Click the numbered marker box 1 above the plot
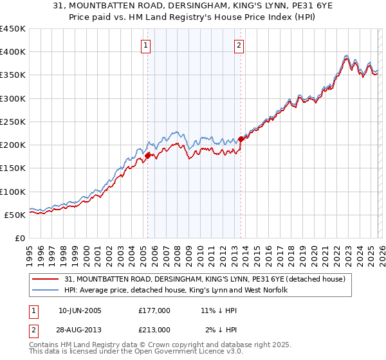click(147, 46)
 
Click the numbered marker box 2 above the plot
click(239, 46)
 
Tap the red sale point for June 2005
click(148, 155)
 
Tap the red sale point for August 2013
click(241, 138)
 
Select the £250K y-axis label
click(13, 122)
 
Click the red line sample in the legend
click(46, 279)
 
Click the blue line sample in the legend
click(46, 291)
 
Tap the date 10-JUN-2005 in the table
click(79, 310)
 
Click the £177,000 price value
click(154, 310)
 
